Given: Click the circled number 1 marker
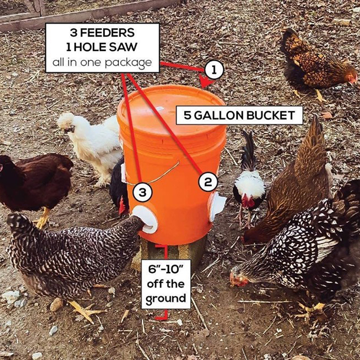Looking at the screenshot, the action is click(214, 70).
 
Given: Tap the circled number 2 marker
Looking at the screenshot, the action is click(208, 182).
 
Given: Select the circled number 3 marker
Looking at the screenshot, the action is click(143, 192).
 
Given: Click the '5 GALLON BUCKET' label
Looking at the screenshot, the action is click(239, 116).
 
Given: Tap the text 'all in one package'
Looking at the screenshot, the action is click(102, 63).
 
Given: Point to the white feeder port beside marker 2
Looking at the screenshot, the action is click(217, 206).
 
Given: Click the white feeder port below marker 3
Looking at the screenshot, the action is click(145, 219).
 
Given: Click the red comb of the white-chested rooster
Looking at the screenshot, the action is click(247, 201).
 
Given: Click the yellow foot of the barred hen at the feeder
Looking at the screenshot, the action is click(86, 311).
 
